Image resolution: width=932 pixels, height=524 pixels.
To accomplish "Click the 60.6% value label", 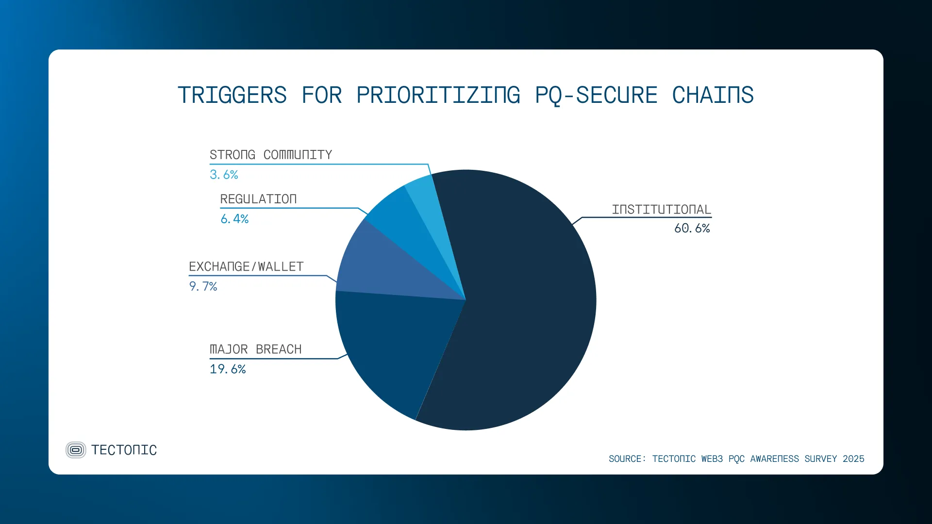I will (x=692, y=229).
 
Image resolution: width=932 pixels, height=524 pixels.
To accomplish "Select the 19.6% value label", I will (x=228, y=369).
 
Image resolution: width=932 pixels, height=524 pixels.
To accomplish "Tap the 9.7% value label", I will (x=203, y=287).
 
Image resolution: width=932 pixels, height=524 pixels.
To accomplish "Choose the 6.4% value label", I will (x=234, y=219).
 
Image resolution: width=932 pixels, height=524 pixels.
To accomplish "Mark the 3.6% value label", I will (x=224, y=175).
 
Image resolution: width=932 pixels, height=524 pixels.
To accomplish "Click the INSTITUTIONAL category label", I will (x=661, y=210).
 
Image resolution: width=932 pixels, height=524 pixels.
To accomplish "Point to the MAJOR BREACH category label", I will (x=256, y=349).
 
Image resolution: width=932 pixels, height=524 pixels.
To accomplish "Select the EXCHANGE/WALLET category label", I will (x=246, y=267).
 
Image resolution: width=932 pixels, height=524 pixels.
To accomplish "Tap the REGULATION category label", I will (x=258, y=199).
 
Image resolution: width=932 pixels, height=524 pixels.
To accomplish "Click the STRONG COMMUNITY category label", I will (x=271, y=155).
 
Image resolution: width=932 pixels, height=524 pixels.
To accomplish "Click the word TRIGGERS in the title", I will (x=232, y=95).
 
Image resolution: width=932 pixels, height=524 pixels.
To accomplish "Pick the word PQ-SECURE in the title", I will (x=596, y=95).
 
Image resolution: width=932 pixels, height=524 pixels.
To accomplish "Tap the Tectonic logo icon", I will (x=76, y=450).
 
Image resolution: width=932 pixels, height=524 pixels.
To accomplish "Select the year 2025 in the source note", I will (x=853, y=459).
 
